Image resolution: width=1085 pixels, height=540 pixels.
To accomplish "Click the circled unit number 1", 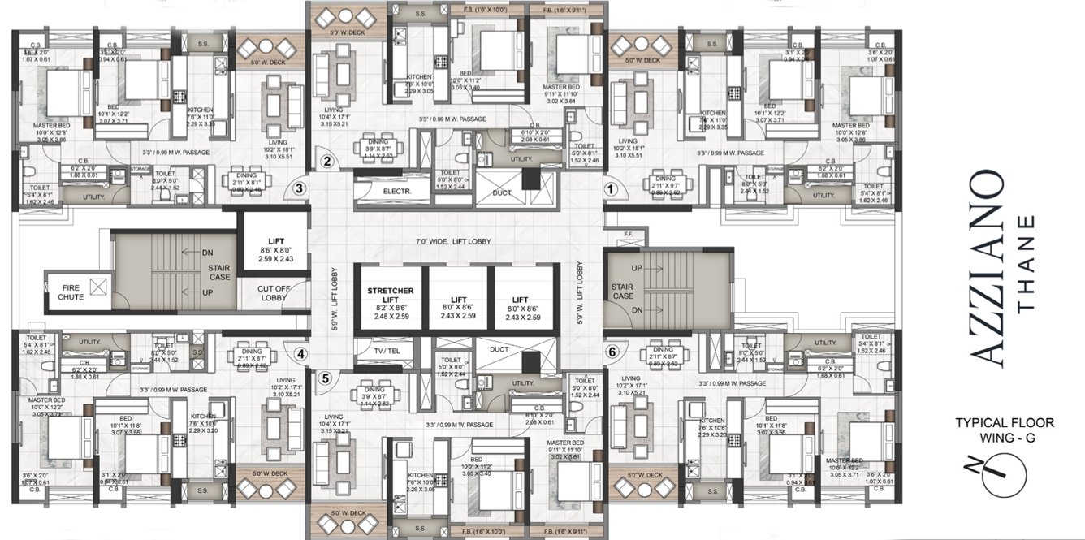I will coord(612,187).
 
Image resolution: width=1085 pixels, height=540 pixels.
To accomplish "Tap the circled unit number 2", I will coord(326,161).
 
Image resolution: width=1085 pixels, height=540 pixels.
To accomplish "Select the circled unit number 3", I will coord(299,188).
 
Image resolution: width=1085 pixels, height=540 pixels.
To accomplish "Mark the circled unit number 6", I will coord(612,352).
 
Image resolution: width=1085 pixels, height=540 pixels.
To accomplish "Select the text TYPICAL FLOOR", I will coord(1004,422).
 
